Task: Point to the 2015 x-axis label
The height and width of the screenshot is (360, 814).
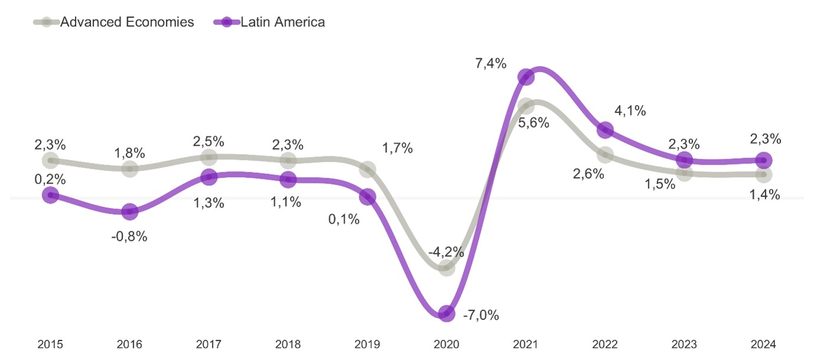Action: coord(51,344)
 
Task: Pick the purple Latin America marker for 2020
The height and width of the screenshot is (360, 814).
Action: coord(447,313)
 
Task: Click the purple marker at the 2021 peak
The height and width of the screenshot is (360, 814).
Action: coord(526,77)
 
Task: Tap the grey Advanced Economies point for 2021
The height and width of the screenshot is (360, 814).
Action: coord(526,106)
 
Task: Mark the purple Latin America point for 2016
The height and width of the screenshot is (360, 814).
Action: coord(130,211)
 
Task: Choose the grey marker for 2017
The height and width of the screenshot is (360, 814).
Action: coord(209,157)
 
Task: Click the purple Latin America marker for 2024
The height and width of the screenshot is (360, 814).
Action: coord(764,160)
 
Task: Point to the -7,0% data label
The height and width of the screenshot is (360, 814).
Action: coord(480,316)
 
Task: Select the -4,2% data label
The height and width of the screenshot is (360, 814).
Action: coord(446,252)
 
